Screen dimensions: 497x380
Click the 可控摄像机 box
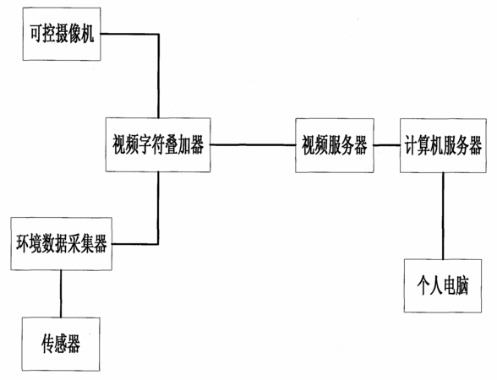pos(62,34)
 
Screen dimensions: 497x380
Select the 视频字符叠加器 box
pos(158,145)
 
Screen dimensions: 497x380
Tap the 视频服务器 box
pos(335,145)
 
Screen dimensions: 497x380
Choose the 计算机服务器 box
pos(443,145)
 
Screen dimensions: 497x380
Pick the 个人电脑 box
pos(443,285)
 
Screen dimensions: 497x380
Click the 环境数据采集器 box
pos(61,244)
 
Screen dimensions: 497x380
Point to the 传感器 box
pos(61,345)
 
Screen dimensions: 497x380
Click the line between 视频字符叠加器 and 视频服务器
pos(253,145)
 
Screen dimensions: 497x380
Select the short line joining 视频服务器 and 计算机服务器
pos(387,145)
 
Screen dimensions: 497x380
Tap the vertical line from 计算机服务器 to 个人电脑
pos(443,215)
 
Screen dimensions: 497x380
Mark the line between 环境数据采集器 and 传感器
pos(61,294)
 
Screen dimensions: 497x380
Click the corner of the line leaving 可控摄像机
pos(159,34)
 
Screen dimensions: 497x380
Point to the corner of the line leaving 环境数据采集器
pos(158,244)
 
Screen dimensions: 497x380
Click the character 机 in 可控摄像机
pos(88,34)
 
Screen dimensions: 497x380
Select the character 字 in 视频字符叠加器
pos(145,144)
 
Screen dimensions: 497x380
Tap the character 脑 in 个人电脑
pos(462,285)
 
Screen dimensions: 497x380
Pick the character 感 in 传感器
pos(61,344)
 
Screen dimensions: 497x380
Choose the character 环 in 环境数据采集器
pos(23,243)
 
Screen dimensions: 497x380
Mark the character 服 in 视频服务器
pos(335,145)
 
